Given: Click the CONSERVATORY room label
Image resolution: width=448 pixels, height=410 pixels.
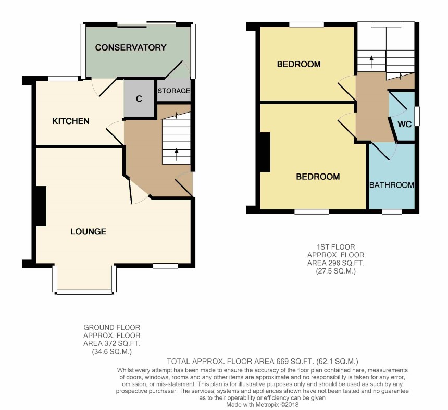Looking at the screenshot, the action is coord(131,47).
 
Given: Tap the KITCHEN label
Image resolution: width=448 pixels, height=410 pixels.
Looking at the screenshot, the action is coord(71,121).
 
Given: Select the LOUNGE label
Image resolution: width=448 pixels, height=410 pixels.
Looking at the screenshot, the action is coord(88,231).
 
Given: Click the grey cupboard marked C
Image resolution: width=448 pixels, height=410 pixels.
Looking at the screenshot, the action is coord(139,98).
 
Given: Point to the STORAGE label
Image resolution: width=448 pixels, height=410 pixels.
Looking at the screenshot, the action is coord(173,91).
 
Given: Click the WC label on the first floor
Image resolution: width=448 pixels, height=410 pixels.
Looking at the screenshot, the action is coord(405,125).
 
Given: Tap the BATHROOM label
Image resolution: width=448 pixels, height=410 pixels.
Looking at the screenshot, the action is coord(391,185).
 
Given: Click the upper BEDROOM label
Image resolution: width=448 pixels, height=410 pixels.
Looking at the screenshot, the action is coord(299,64).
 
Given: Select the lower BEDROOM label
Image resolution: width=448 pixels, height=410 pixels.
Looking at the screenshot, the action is coord(318,177).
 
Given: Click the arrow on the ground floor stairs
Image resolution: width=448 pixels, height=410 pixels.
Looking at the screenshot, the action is coord(176,155).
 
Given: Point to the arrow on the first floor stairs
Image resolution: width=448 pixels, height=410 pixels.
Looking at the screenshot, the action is coord(371,61).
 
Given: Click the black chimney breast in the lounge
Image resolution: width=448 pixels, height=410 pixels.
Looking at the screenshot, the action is coord(41,206).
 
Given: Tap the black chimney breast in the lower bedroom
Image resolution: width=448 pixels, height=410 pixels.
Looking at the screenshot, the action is coord(265,152).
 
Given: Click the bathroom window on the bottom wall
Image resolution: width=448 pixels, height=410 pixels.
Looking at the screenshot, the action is coord(392,212).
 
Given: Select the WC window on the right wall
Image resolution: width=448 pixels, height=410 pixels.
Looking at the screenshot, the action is coord(417,116).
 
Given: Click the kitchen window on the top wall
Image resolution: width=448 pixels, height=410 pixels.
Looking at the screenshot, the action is coord(63,78).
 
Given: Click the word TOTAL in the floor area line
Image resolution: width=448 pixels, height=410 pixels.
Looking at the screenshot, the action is coord(179,362).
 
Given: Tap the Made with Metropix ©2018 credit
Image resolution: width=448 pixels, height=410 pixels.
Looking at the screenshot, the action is coord(262,405).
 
